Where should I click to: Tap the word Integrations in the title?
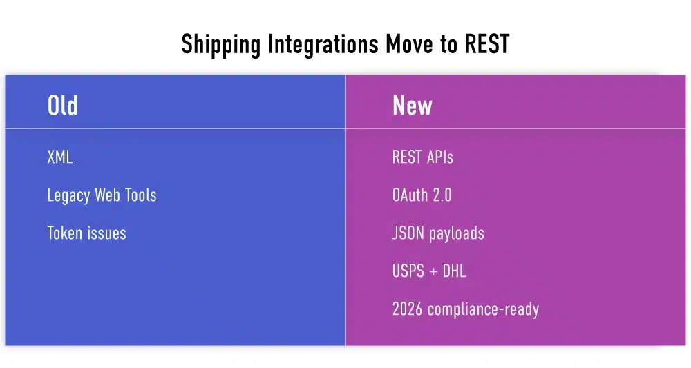(x=321, y=45)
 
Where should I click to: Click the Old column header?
(x=62, y=106)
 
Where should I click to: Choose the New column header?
(x=412, y=106)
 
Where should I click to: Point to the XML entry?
(x=59, y=157)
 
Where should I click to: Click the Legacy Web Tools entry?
(x=102, y=195)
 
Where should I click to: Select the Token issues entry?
(x=86, y=233)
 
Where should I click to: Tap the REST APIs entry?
(x=422, y=157)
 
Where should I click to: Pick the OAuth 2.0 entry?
(x=422, y=195)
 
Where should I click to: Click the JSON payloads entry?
(x=437, y=233)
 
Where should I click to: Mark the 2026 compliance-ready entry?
(x=465, y=309)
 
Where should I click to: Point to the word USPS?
(x=408, y=271)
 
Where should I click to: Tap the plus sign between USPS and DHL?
(x=433, y=272)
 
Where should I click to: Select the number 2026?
(x=407, y=309)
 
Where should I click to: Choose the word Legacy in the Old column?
(x=68, y=196)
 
